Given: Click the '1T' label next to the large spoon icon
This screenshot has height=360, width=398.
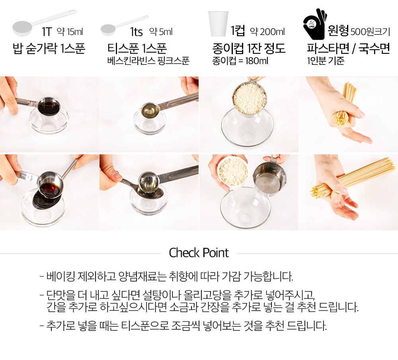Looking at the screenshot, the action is click(x=47, y=32).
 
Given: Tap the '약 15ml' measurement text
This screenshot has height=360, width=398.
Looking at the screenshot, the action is click(x=70, y=32).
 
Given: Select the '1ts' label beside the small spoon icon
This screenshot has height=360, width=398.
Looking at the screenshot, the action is click(x=136, y=32).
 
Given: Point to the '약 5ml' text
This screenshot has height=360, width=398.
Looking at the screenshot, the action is click(x=161, y=32).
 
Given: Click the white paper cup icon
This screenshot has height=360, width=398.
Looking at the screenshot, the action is click(x=218, y=23).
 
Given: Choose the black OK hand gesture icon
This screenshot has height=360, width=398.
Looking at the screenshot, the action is click(x=314, y=24).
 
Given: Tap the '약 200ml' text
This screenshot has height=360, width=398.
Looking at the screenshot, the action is click(x=267, y=32).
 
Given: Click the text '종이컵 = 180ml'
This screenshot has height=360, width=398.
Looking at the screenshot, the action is click(x=240, y=61).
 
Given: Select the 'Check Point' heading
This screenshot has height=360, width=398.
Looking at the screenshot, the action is click(x=199, y=253).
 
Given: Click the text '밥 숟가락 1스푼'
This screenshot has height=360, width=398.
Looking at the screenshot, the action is click(x=49, y=48).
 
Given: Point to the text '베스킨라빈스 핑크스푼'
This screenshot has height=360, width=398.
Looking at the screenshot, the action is click(x=148, y=61).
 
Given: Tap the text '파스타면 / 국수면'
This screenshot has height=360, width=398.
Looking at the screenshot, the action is click(x=348, y=48).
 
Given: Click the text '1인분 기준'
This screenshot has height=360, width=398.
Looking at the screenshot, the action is click(x=326, y=61).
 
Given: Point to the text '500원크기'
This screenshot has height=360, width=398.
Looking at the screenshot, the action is click(x=370, y=32).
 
